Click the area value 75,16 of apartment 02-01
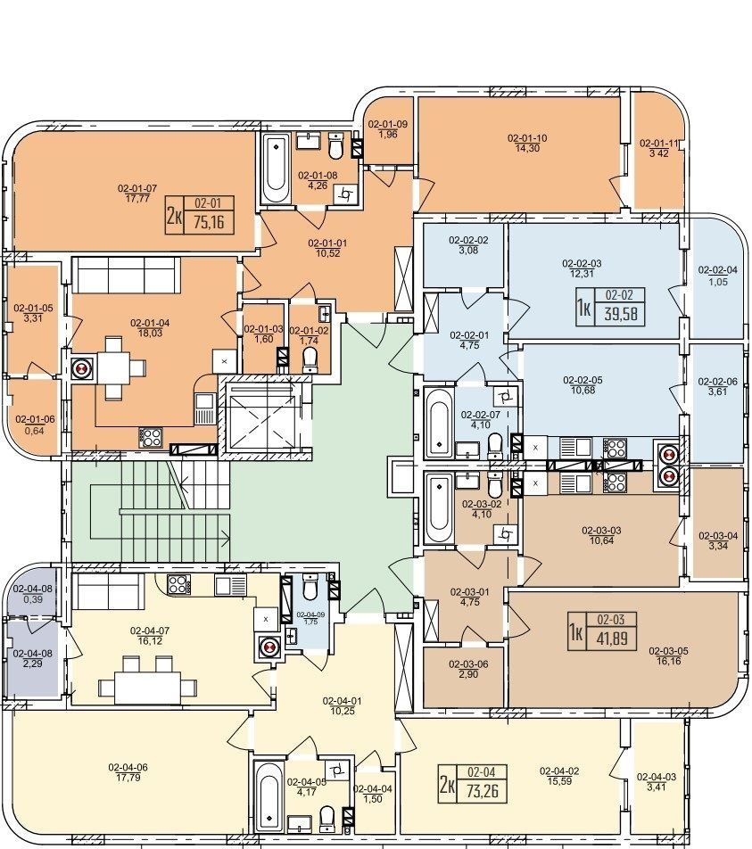tap(209, 221)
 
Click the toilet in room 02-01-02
tap(310, 359)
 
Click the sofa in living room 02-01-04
tap(127, 275)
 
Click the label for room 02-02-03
tap(582, 264)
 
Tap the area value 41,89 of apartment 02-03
tap(612, 639)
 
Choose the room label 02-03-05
tap(668, 651)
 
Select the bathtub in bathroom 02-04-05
tap(269, 795)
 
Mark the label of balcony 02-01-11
tap(659, 144)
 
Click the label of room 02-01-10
tap(527, 138)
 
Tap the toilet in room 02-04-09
tap(310, 587)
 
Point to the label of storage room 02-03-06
tap(468, 664)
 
